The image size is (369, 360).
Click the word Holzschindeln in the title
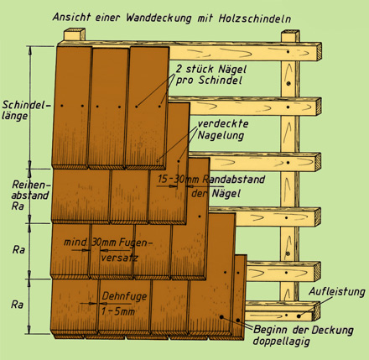[x=254, y=18]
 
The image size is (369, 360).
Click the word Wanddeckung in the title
[x=159, y=18]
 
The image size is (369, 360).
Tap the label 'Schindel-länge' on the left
[x=27, y=110]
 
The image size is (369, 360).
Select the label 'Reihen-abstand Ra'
[x=31, y=196]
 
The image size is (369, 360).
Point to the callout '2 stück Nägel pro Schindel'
[x=211, y=75]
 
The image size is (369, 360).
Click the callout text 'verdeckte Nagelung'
[x=223, y=130]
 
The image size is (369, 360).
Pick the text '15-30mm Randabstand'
[x=211, y=180]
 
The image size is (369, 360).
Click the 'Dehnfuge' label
[x=124, y=296]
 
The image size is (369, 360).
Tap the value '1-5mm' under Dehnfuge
[x=117, y=311]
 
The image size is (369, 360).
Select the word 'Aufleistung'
[x=336, y=292]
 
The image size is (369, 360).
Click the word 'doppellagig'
[x=282, y=342]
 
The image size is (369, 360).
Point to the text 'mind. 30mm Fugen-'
[x=108, y=243]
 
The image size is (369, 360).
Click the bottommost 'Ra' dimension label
[x=17, y=305]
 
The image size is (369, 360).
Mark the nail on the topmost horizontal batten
[x=288, y=52]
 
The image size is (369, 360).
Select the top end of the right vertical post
[x=290, y=32]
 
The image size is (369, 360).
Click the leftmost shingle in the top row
[x=71, y=107]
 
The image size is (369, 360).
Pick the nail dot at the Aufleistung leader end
[x=299, y=316]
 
